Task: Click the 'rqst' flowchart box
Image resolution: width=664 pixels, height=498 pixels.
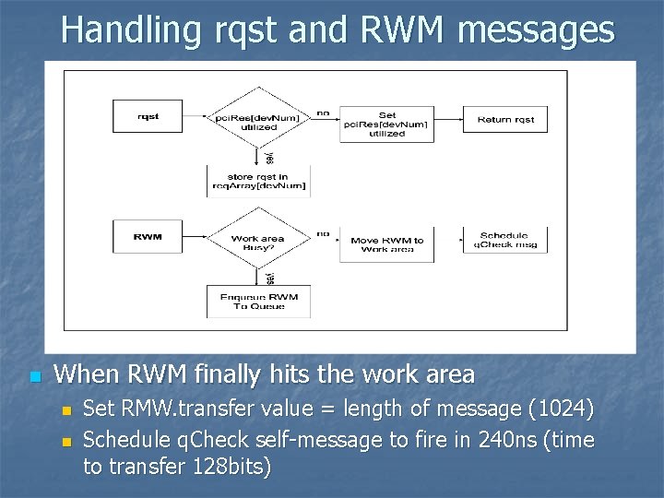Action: [x=148, y=117]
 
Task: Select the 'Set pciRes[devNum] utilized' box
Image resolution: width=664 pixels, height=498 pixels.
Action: [x=386, y=124]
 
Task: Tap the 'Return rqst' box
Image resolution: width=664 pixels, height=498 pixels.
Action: [x=505, y=119]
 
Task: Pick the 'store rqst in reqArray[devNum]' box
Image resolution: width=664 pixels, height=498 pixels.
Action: [x=258, y=181]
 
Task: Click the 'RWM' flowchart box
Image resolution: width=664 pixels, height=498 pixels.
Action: [x=148, y=237]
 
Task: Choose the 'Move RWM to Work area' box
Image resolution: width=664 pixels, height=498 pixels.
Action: [x=386, y=244]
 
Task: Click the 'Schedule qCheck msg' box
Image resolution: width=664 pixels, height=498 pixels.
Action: [x=504, y=240]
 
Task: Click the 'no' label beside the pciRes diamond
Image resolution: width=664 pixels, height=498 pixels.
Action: [x=323, y=113]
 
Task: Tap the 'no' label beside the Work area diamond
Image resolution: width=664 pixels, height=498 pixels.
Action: [x=323, y=233]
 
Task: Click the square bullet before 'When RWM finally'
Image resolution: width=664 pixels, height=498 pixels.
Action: [x=34, y=376]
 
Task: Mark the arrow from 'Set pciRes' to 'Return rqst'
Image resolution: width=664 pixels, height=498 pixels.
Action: [x=448, y=119]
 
